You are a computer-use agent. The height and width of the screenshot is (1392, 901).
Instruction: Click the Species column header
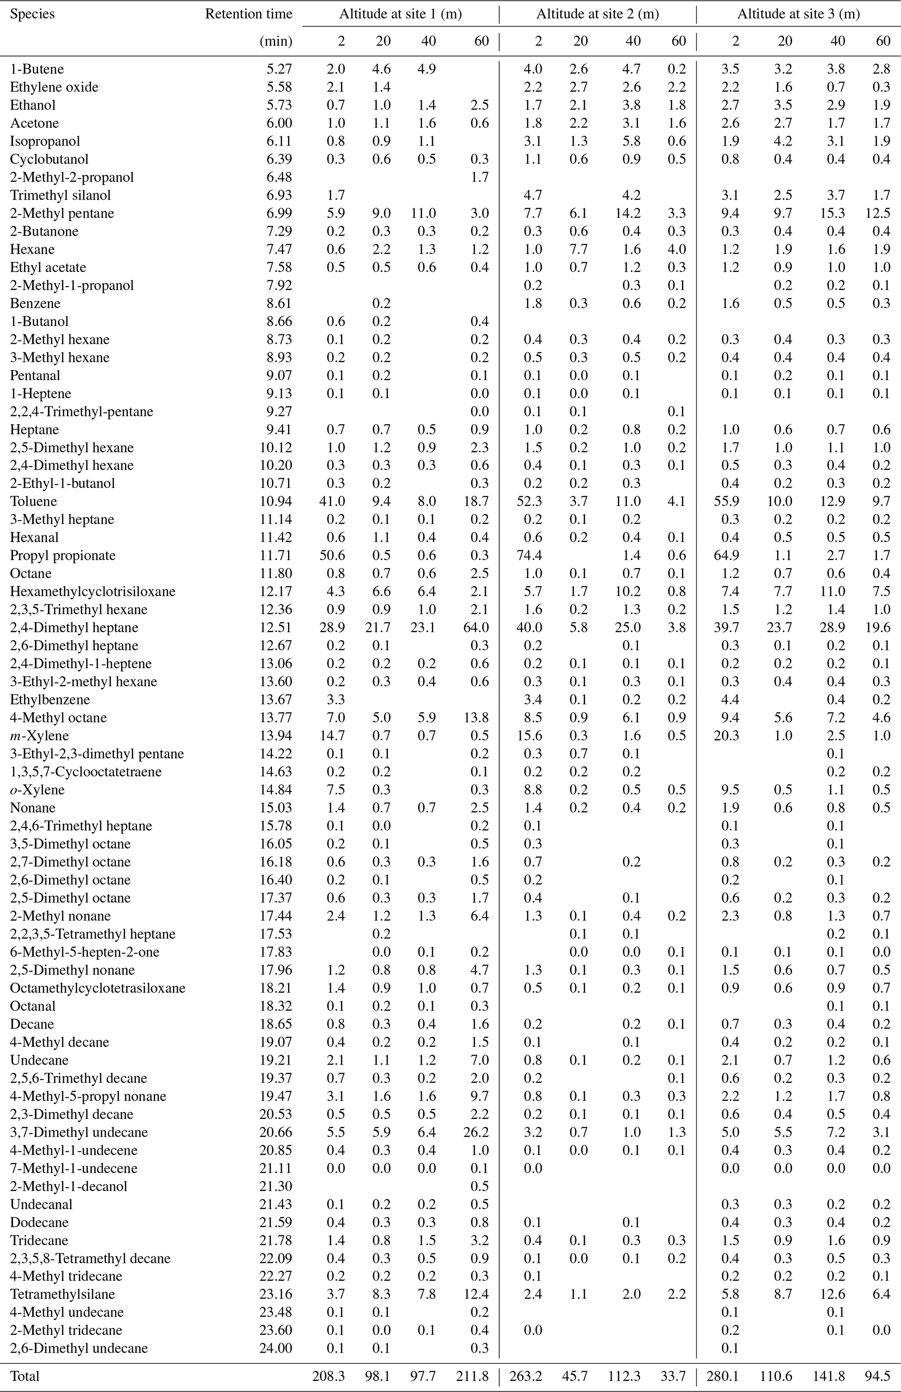tap(32, 14)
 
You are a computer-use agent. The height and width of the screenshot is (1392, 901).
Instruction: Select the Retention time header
tap(248, 14)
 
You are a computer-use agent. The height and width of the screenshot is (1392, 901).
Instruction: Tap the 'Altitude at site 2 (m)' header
tap(598, 14)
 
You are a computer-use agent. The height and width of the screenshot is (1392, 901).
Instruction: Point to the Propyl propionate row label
tap(63, 555)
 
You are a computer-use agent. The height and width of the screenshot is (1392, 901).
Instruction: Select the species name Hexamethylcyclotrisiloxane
tap(92, 591)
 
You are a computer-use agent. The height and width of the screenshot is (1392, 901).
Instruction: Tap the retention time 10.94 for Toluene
tap(276, 501)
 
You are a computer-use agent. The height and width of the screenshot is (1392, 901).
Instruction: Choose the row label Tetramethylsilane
tap(63, 1294)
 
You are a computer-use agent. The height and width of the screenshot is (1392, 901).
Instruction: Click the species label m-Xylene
tap(39, 736)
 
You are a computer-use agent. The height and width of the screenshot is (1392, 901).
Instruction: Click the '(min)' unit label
tap(276, 41)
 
